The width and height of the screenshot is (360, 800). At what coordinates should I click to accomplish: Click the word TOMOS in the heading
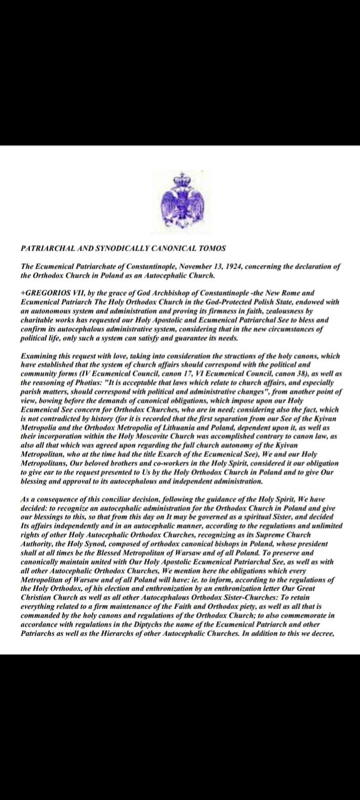212,248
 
